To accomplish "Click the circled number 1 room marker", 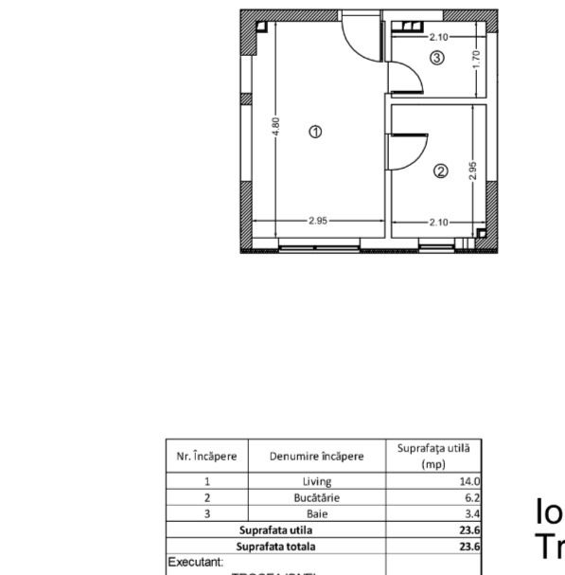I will (316, 132).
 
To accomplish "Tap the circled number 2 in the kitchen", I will (440, 171).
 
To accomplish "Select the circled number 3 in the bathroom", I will (436, 59).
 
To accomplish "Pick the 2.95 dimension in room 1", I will (318, 221).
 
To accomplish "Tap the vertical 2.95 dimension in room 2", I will (472, 171).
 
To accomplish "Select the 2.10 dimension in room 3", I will (437, 37).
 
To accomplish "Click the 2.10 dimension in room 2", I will (438, 222).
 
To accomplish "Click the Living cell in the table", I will (316, 481).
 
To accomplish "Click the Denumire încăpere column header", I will (316, 456).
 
